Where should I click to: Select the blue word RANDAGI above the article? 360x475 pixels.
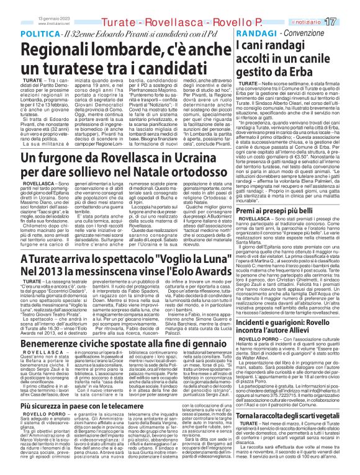[x=251, y=32]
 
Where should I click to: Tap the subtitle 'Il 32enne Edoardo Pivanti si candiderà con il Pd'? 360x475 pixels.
[x=140, y=32]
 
